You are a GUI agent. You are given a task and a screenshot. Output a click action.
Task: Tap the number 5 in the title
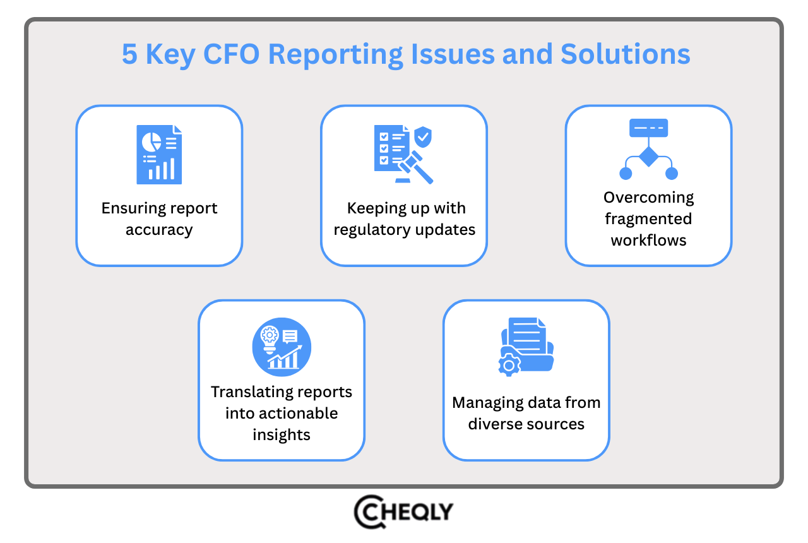pos(129,54)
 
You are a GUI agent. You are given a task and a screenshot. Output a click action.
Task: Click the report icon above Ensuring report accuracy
pos(159,155)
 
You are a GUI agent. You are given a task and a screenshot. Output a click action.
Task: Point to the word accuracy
pos(159,230)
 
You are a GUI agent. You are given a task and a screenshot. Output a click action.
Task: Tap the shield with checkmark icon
pos(422,136)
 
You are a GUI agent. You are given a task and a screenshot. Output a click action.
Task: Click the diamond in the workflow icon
pos(648,156)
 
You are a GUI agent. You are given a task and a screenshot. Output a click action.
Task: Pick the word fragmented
pos(648,219)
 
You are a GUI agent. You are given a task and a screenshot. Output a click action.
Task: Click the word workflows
pos(648,241)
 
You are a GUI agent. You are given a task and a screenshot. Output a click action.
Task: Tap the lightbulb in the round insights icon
pos(270,338)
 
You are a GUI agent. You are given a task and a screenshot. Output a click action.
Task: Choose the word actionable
pos(282,414)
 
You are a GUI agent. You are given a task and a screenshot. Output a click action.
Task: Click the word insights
pos(282,435)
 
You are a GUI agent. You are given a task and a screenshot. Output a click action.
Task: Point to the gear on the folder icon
pos(509,365)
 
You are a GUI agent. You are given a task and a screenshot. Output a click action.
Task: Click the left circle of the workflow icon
pos(626,173)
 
